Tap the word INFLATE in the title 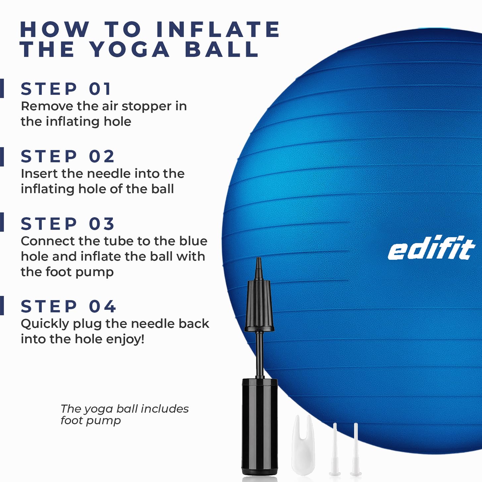(218, 29)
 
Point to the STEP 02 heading (68, 156)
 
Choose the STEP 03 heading (68, 224)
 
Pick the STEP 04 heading (68, 306)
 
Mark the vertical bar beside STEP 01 (2, 88)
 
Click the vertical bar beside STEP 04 (2, 306)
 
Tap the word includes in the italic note (165, 409)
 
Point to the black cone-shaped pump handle (259, 305)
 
